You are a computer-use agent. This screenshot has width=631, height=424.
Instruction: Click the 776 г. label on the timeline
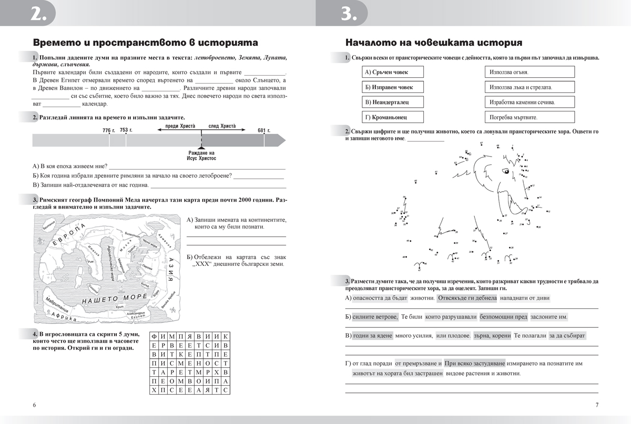108,130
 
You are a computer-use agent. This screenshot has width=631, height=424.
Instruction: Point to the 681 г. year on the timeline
263,130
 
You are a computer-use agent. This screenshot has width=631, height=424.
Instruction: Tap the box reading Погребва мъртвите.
529,117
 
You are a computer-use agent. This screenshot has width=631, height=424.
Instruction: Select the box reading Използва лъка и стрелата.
529,87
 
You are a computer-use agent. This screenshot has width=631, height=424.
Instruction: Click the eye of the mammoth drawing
505,170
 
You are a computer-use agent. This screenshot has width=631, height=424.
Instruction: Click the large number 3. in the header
350,14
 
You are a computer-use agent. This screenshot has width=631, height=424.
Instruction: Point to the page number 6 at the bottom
34,405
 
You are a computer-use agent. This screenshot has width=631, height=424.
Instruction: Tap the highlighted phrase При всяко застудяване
475,363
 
